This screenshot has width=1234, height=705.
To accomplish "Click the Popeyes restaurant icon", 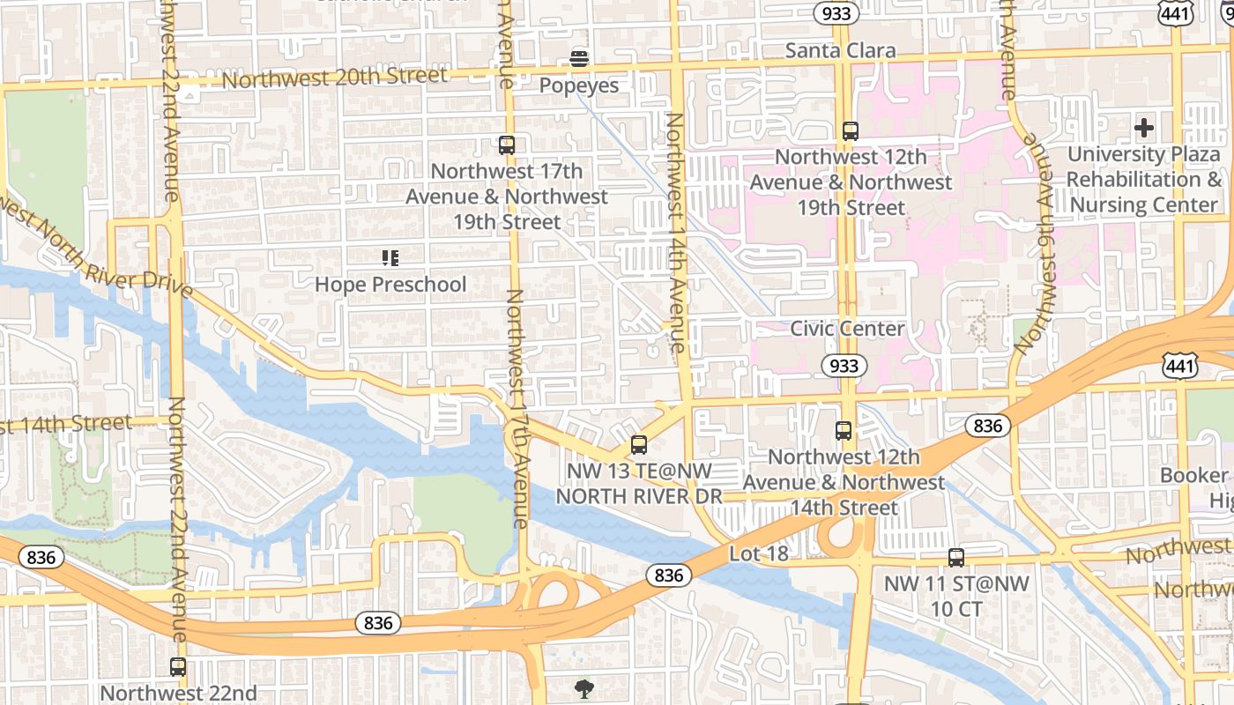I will tap(579, 59).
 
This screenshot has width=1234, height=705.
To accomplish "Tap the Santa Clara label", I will tap(840, 50).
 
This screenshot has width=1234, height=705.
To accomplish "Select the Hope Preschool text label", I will tap(390, 285).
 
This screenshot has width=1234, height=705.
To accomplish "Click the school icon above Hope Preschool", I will tap(390, 258).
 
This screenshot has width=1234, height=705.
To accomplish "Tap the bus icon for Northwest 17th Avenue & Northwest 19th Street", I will tap(507, 145).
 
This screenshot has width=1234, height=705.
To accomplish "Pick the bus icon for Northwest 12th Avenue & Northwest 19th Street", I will tap(851, 131).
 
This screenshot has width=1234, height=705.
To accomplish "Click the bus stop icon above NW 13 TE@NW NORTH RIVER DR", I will tap(639, 445).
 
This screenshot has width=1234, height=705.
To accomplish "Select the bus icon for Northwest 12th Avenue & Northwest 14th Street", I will tap(844, 431).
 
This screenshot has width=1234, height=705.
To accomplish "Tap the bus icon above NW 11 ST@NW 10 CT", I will tap(956, 557).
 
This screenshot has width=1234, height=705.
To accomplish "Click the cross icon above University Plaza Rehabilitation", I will tap(1144, 128).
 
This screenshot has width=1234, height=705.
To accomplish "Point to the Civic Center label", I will tap(847, 329).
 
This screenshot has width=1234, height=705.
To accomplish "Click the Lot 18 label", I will tap(758, 553).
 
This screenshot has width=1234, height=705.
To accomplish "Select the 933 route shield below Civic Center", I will tap(844, 365).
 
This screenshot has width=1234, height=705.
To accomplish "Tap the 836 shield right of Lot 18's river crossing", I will tap(987, 426).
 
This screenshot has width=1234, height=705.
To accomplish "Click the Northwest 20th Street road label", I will tap(335, 78).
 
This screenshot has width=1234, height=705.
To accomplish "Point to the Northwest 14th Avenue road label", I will tap(675, 233).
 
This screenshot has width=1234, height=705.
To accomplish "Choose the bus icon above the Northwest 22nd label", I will tap(178, 667).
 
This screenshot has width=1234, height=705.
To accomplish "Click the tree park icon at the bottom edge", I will tap(583, 687).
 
